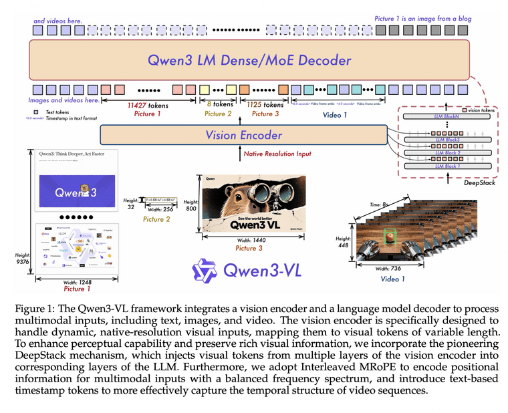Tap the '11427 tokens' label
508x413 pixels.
click(148, 105)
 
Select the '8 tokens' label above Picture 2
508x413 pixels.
click(219, 105)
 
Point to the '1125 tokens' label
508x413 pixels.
click(265, 105)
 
